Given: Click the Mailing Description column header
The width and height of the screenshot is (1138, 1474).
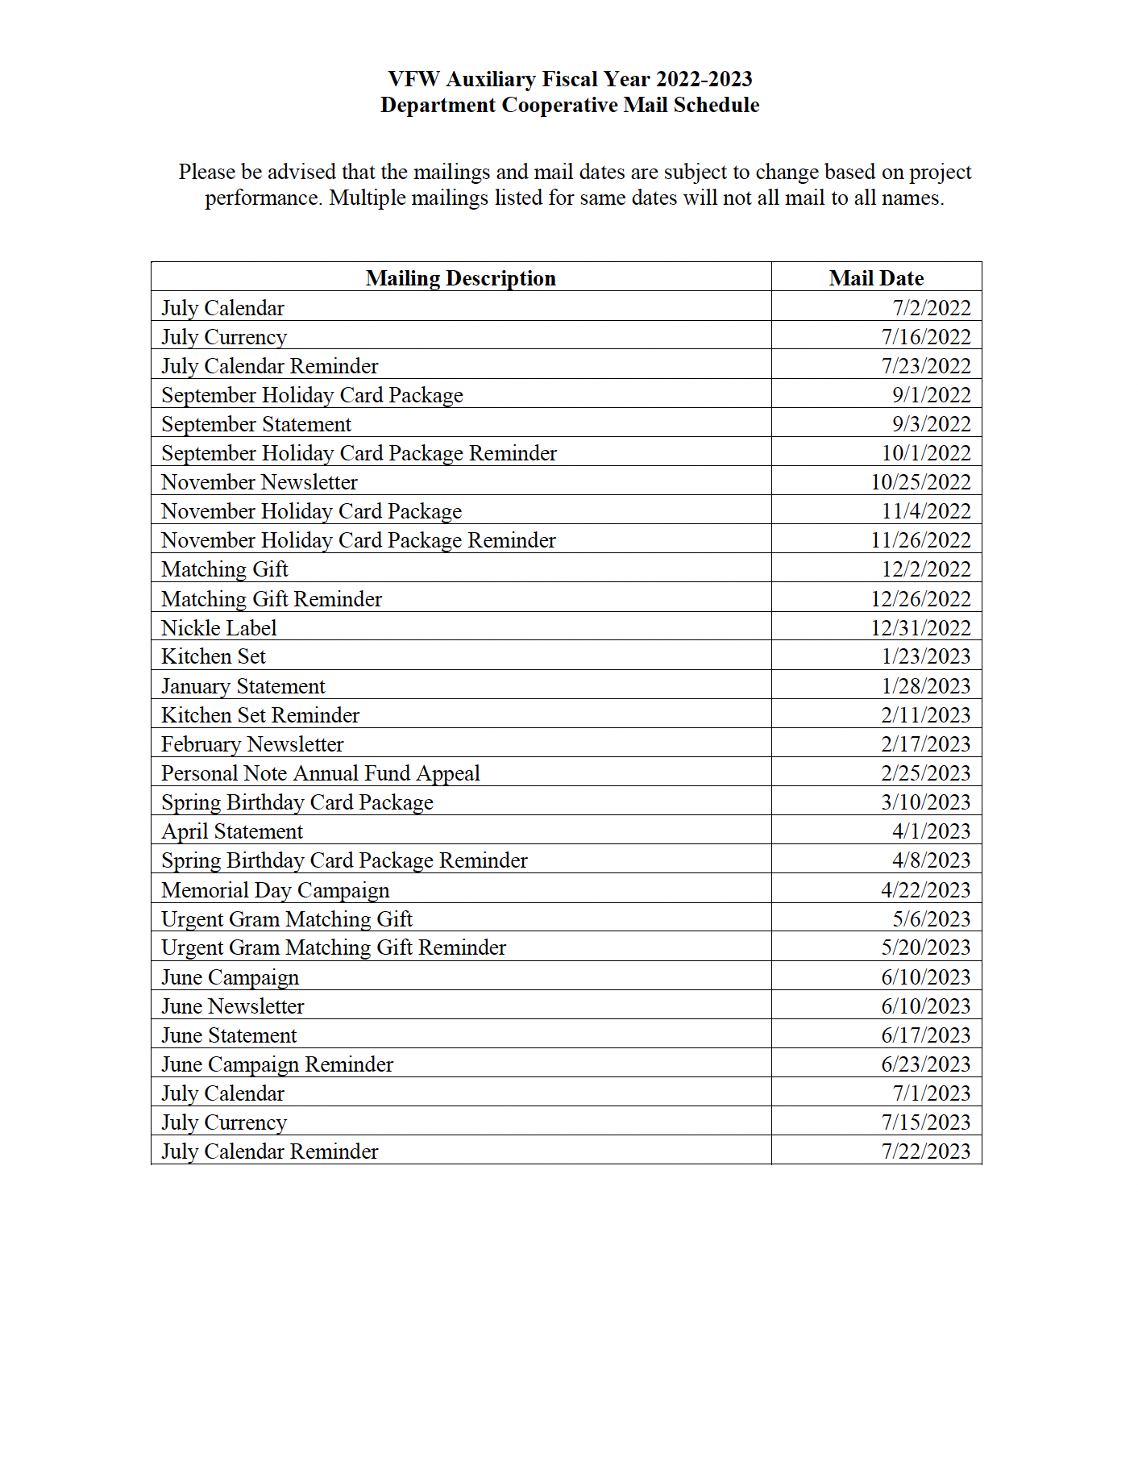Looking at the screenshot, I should click(x=460, y=278).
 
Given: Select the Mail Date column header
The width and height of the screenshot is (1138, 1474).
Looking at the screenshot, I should click(x=876, y=278).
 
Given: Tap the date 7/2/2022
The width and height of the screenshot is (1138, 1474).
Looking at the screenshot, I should click(x=931, y=308).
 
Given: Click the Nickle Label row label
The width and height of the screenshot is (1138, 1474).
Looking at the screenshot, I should click(x=218, y=628).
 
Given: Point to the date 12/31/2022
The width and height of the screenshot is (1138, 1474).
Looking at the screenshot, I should click(x=920, y=628).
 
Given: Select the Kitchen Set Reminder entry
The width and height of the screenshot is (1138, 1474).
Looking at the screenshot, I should click(x=260, y=715).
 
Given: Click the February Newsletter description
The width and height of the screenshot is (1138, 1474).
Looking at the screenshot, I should click(x=252, y=744).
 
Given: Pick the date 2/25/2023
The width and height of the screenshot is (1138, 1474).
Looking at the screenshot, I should click(x=925, y=773).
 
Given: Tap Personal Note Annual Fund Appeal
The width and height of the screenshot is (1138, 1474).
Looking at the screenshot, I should click(x=320, y=773).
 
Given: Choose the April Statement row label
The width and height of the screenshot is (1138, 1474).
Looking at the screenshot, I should click(x=232, y=831).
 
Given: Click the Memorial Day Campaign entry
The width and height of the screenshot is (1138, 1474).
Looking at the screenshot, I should click(x=275, y=890).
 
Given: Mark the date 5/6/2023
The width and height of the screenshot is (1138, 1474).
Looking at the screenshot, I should click(x=931, y=919).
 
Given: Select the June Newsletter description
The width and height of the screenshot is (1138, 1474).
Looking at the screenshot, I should click(x=233, y=1006).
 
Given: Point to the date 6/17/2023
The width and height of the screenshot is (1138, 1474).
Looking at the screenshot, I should click(x=925, y=1035).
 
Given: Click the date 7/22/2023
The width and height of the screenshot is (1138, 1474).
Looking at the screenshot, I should click(x=925, y=1151).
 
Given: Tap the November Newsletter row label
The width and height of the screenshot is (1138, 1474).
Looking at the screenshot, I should click(x=259, y=482).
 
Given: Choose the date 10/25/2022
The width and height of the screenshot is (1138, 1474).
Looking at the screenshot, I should click(x=920, y=482).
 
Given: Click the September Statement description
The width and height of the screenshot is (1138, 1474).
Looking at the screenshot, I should click(x=256, y=424).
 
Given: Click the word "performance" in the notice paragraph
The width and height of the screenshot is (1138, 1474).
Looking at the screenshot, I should click(x=264, y=198).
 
